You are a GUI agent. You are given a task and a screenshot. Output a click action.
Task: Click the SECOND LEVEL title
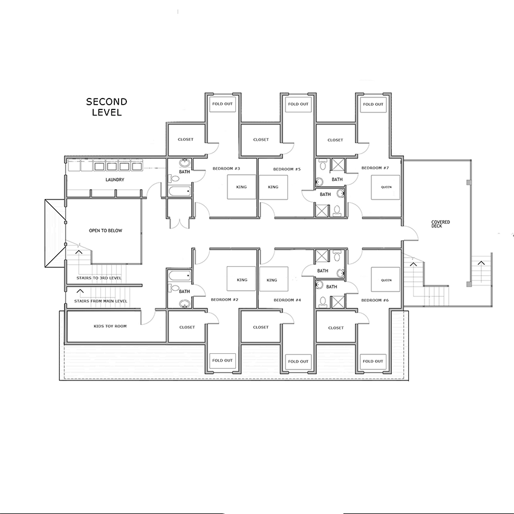point(106,107)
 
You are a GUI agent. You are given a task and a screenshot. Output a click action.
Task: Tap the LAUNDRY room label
point(115,180)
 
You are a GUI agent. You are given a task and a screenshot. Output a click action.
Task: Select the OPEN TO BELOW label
point(105,230)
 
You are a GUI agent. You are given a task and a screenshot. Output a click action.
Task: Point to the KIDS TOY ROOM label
point(110,326)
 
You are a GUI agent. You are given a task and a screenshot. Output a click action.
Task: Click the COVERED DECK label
point(441,224)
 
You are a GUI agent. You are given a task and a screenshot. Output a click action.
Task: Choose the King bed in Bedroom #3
point(242,187)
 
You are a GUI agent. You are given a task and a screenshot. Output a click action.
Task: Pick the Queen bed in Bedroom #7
point(386,187)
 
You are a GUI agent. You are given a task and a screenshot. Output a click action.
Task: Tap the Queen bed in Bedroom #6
point(386,279)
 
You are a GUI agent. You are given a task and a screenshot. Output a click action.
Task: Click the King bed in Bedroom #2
point(241,279)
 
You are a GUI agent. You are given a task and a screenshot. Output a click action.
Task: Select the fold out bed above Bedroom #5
point(298,105)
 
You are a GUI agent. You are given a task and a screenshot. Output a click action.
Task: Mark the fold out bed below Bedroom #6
point(372,362)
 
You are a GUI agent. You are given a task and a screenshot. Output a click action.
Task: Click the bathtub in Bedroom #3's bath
point(180,192)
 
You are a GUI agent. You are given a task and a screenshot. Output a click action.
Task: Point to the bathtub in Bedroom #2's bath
point(180,275)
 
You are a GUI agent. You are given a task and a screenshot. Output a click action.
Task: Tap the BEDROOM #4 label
point(287,300)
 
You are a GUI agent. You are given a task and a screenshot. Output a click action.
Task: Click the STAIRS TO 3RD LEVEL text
point(99,278)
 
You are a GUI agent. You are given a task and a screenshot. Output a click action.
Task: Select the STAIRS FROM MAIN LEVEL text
point(100,301)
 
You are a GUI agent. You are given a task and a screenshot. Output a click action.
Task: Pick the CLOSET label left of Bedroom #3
point(186,139)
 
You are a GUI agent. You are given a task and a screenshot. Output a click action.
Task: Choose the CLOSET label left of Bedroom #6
point(336,328)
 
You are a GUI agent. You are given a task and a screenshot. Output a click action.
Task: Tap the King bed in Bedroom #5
point(273,187)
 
